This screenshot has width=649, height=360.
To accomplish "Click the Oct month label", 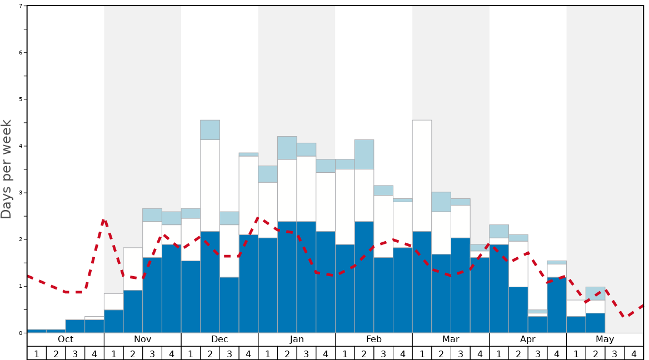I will [66, 339].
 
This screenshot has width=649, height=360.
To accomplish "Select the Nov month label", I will [142, 339].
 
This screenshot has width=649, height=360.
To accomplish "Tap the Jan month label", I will [297, 339].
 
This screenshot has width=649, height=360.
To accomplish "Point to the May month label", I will [605, 339].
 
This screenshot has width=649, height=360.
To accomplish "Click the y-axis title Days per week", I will [7, 169].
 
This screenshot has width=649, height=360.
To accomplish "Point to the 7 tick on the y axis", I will [21, 6].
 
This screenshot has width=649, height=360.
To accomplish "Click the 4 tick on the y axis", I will [21, 146].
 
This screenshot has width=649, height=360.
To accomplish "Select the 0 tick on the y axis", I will [21, 333].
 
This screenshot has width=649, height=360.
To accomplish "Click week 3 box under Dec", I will [229, 353].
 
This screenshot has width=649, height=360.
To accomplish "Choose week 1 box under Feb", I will [345, 353].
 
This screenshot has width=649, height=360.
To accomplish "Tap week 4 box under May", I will [633, 353].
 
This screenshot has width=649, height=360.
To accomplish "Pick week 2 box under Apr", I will [518, 353].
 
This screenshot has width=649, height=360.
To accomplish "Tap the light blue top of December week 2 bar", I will [210, 130].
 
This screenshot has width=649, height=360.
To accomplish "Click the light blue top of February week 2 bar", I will [364, 154].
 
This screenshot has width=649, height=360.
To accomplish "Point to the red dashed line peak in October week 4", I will [104, 221].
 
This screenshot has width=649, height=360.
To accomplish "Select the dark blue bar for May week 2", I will [595, 323].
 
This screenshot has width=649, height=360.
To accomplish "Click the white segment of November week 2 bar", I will [133, 269].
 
